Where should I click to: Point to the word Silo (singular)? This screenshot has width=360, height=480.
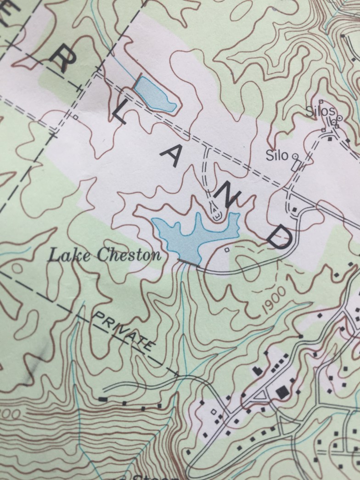[278, 156]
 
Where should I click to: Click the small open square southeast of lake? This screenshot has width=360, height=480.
[227, 250]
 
